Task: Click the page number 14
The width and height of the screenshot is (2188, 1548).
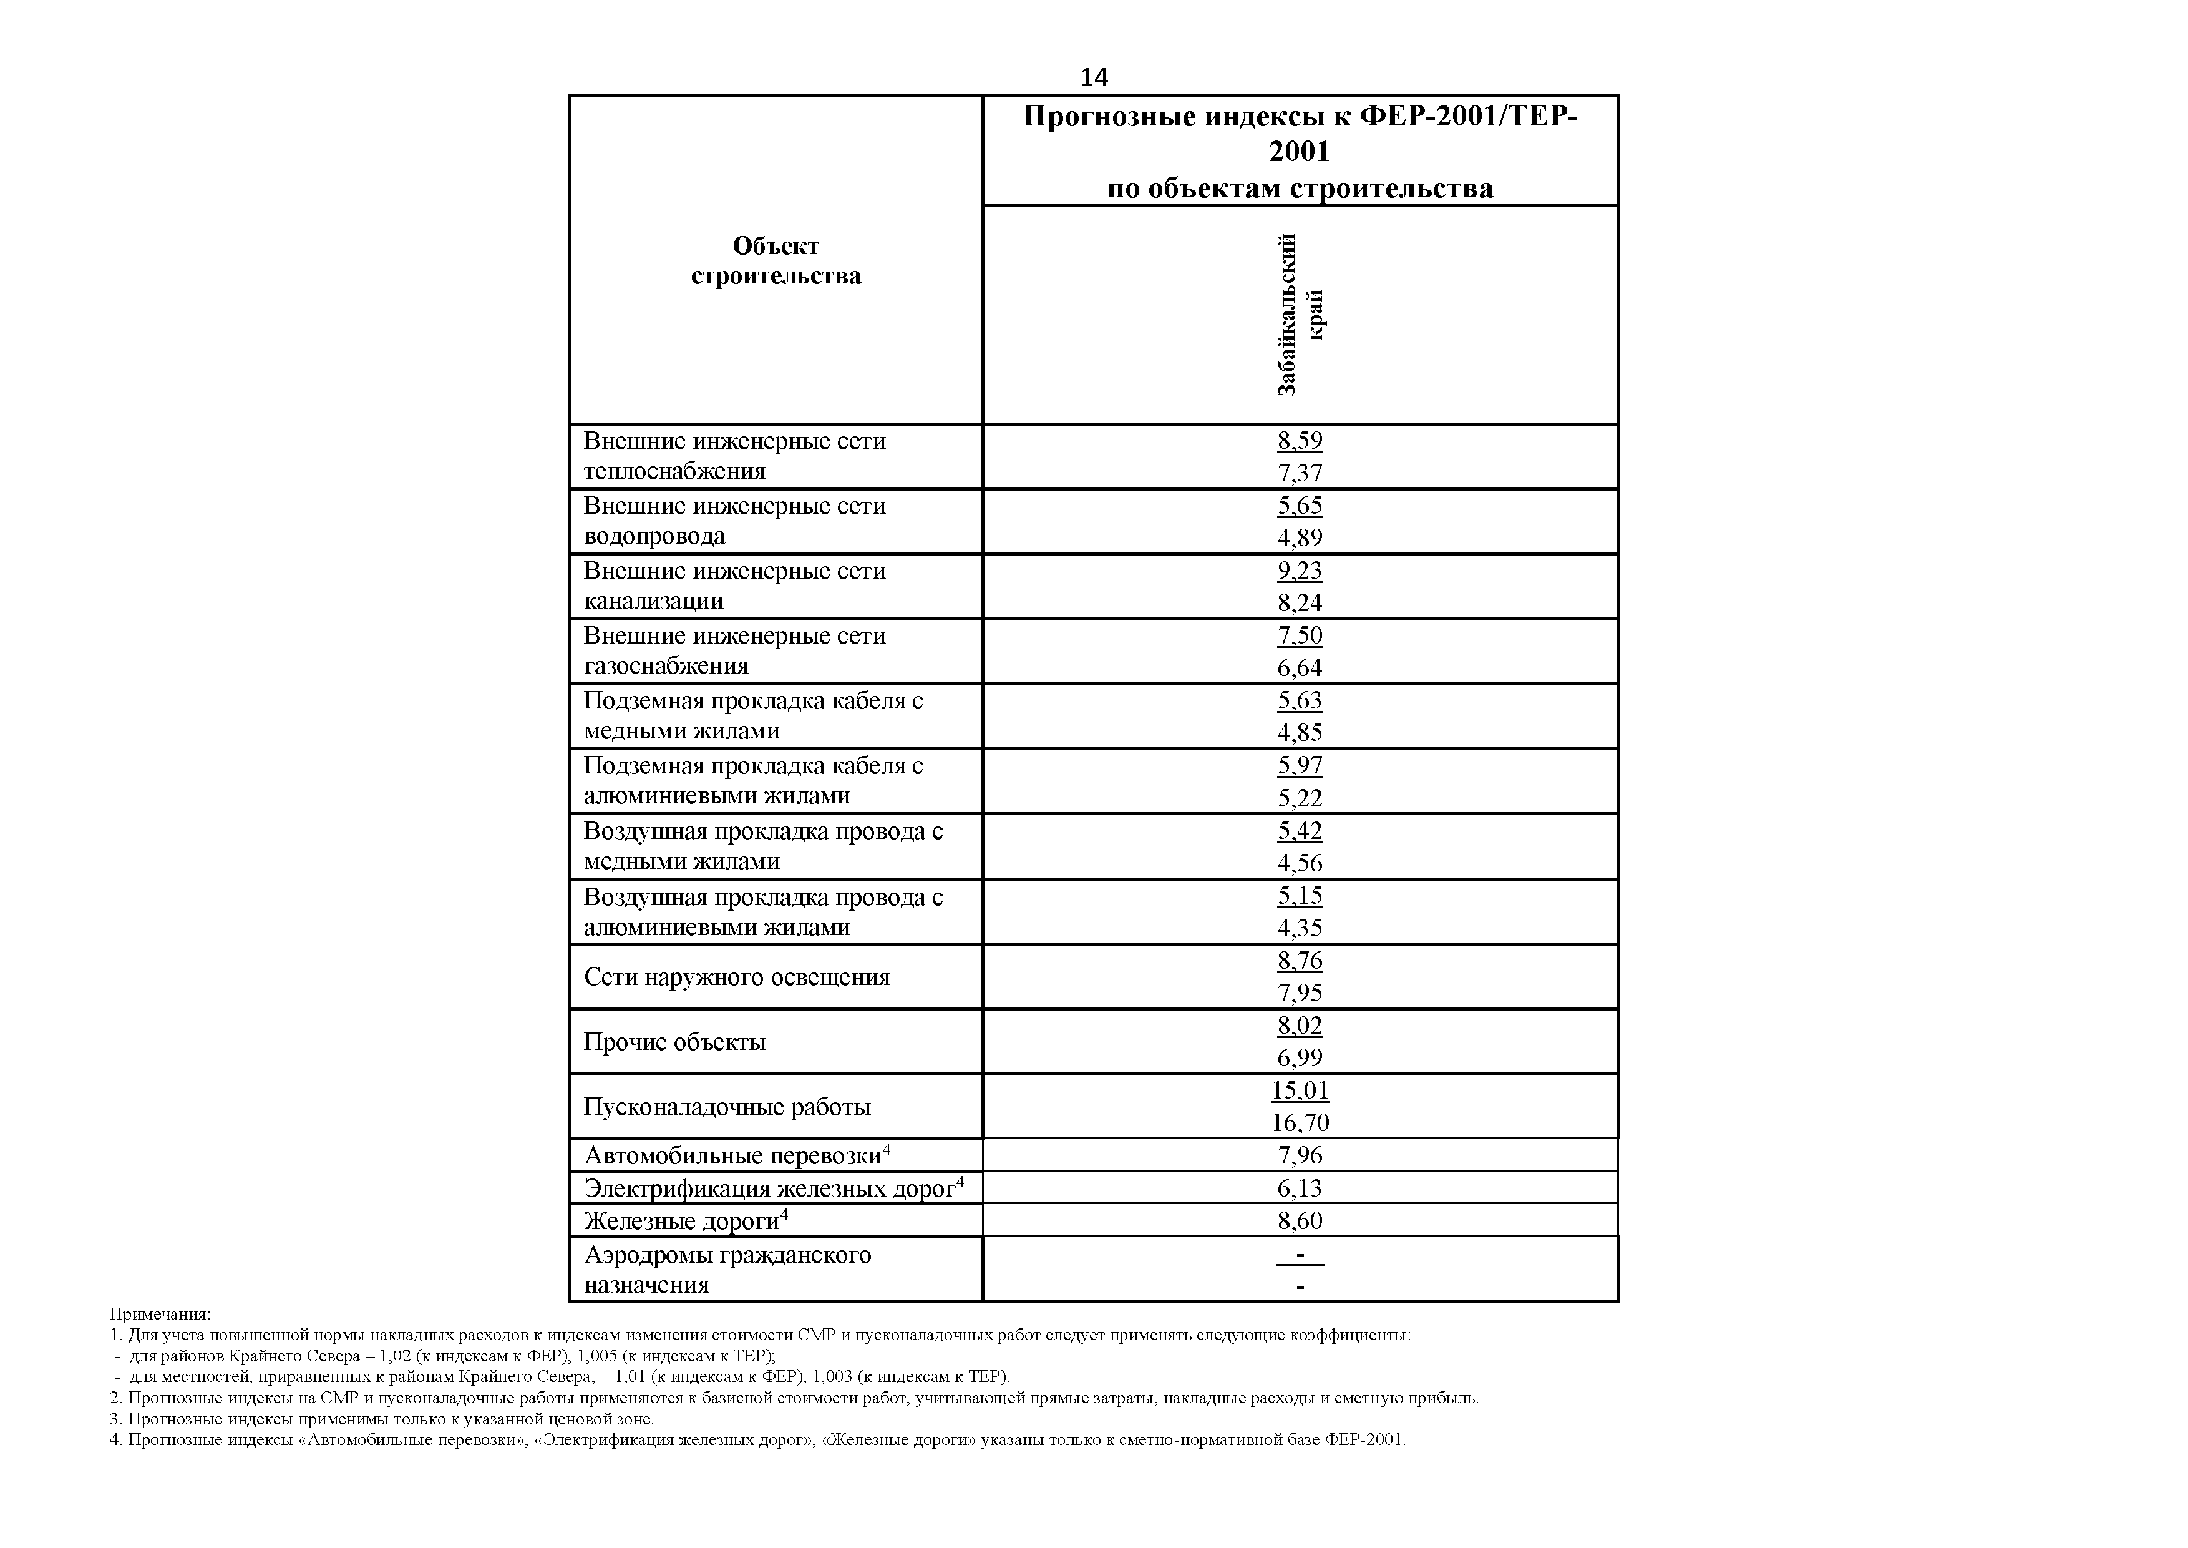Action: point(1094,77)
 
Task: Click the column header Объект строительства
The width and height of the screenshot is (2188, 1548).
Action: point(776,260)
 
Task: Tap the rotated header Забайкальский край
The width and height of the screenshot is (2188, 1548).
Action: point(1300,315)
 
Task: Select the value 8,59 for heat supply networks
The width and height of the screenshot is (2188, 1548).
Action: point(1300,441)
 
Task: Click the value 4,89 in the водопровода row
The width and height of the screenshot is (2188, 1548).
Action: point(1300,537)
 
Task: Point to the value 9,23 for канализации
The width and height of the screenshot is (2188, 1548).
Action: point(1300,570)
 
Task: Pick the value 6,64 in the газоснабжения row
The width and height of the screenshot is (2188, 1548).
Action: point(1300,667)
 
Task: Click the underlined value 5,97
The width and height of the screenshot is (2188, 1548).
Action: point(1300,765)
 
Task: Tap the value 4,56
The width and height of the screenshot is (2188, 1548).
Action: point(1300,863)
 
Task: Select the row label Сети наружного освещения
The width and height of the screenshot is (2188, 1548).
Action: point(737,977)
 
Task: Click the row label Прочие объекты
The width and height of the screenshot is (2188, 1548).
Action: point(674,1042)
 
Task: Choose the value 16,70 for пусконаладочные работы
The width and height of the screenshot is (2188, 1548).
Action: point(1300,1123)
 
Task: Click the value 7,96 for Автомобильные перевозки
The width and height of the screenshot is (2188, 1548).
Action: point(1300,1155)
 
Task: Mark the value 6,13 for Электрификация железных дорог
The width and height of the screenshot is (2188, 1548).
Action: point(1300,1188)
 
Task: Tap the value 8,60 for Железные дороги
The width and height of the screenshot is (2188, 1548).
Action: point(1300,1221)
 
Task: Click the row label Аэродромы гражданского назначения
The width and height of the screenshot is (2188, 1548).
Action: point(727,1270)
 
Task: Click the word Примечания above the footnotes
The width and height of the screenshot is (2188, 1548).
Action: point(160,1315)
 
